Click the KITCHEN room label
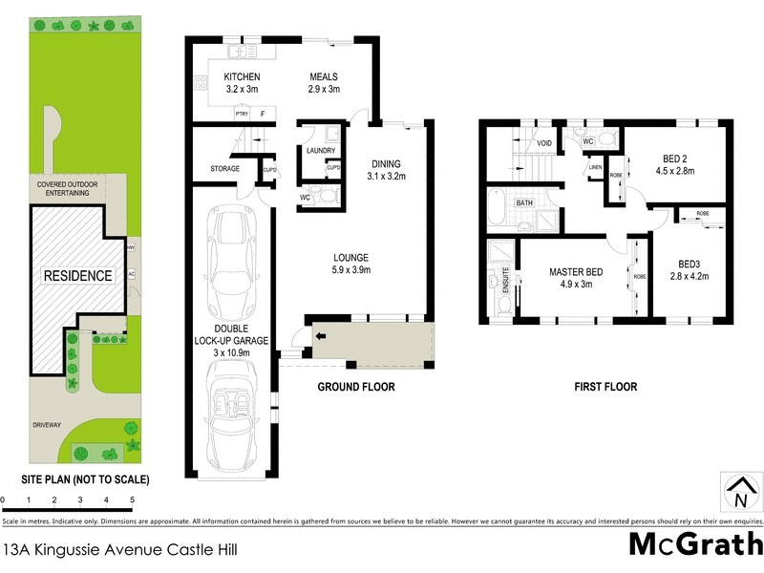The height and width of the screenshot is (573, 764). pyautogui.click(x=243, y=77)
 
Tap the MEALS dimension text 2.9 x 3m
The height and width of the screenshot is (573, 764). pyautogui.click(x=325, y=90)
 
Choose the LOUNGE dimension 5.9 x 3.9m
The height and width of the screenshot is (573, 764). pyautogui.click(x=351, y=270)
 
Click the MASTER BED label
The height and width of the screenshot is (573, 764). pyautogui.click(x=571, y=272)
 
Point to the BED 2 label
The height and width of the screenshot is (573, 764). pyautogui.click(x=677, y=159)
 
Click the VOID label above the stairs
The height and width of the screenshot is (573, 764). pyautogui.click(x=545, y=143)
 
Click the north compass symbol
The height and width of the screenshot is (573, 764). pyautogui.click(x=739, y=492)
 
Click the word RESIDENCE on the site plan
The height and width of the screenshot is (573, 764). pyautogui.click(x=77, y=276)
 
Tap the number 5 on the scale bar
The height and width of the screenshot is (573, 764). pyautogui.click(x=132, y=499)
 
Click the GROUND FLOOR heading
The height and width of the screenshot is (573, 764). pyautogui.click(x=356, y=387)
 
